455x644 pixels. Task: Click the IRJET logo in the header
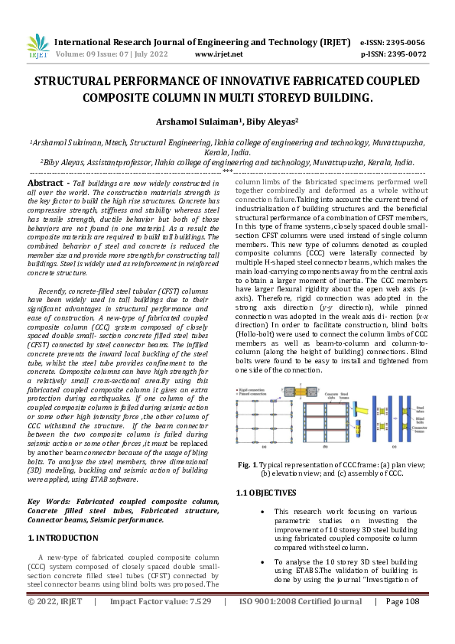pyautogui.click(x=35, y=47)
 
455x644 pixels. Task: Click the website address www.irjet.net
pyautogui.click(x=219, y=54)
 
